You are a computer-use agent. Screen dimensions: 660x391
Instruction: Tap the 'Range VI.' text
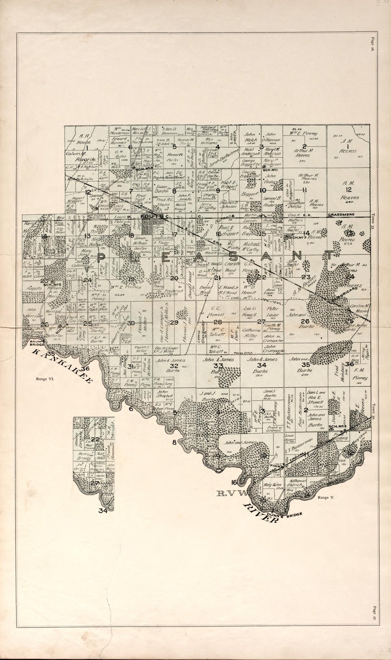tap(45, 379)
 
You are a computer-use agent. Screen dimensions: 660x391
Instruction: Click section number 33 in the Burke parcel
tap(218, 366)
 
